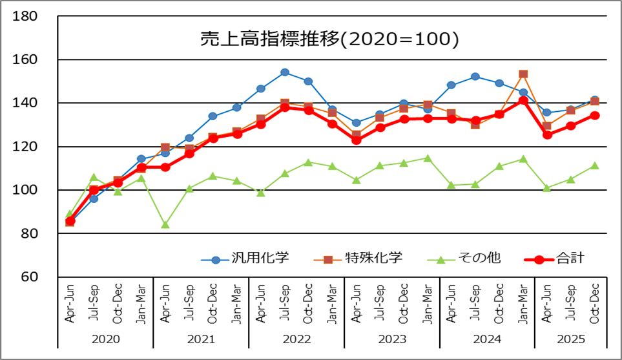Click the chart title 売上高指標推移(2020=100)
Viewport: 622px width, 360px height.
tap(329, 39)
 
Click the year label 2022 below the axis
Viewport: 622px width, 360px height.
tap(296, 338)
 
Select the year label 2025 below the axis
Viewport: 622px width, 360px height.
tap(571, 338)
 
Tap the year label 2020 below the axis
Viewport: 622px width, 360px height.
tap(105, 338)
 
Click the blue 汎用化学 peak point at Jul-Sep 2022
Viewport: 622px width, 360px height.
tap(284, 72)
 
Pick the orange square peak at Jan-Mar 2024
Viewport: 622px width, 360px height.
tap(523, 74)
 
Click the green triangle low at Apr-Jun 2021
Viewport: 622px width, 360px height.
tap(165, 224)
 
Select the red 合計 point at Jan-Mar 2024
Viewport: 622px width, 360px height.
tap(523, 100)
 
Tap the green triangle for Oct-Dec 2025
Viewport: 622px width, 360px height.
tap(595, 165)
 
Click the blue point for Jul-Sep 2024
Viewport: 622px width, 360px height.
tap(475, 76)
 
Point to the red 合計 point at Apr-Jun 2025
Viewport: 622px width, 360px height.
tap(547, 135)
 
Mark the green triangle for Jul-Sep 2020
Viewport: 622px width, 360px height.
tap(94, 177)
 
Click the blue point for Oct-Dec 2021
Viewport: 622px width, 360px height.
tap(213, 116)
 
